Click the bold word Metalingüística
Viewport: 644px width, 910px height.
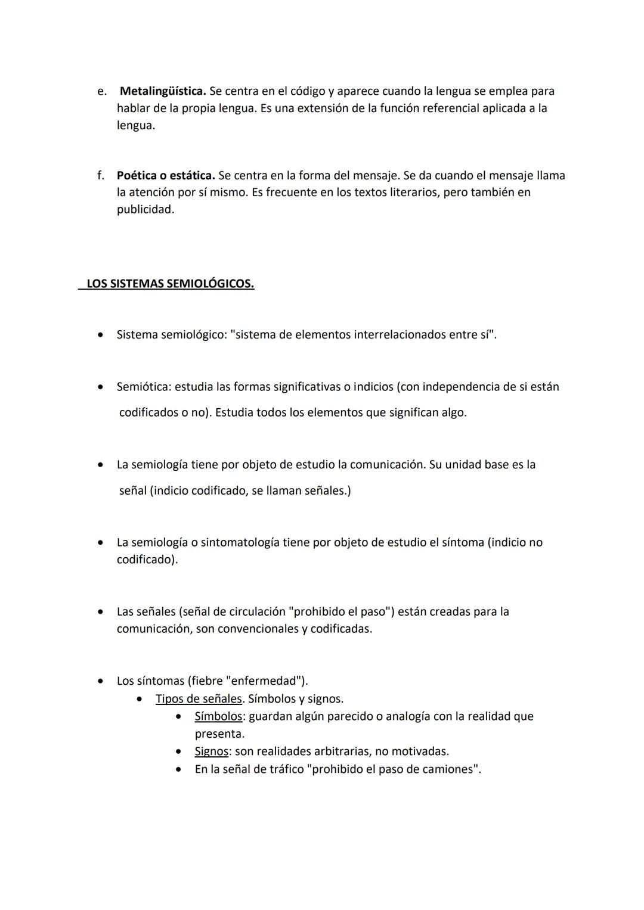163,91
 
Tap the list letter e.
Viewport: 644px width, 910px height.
102,91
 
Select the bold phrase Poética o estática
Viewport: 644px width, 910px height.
165,176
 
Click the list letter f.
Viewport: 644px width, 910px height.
101,176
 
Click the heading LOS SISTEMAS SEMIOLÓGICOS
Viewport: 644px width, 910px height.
170,284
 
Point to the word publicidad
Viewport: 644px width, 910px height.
145,210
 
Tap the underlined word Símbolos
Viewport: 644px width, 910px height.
218,716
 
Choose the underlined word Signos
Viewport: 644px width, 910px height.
211,751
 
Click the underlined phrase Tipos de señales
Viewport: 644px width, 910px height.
198,698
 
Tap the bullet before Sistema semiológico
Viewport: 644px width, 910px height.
102,335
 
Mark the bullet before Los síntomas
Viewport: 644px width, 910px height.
102,681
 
